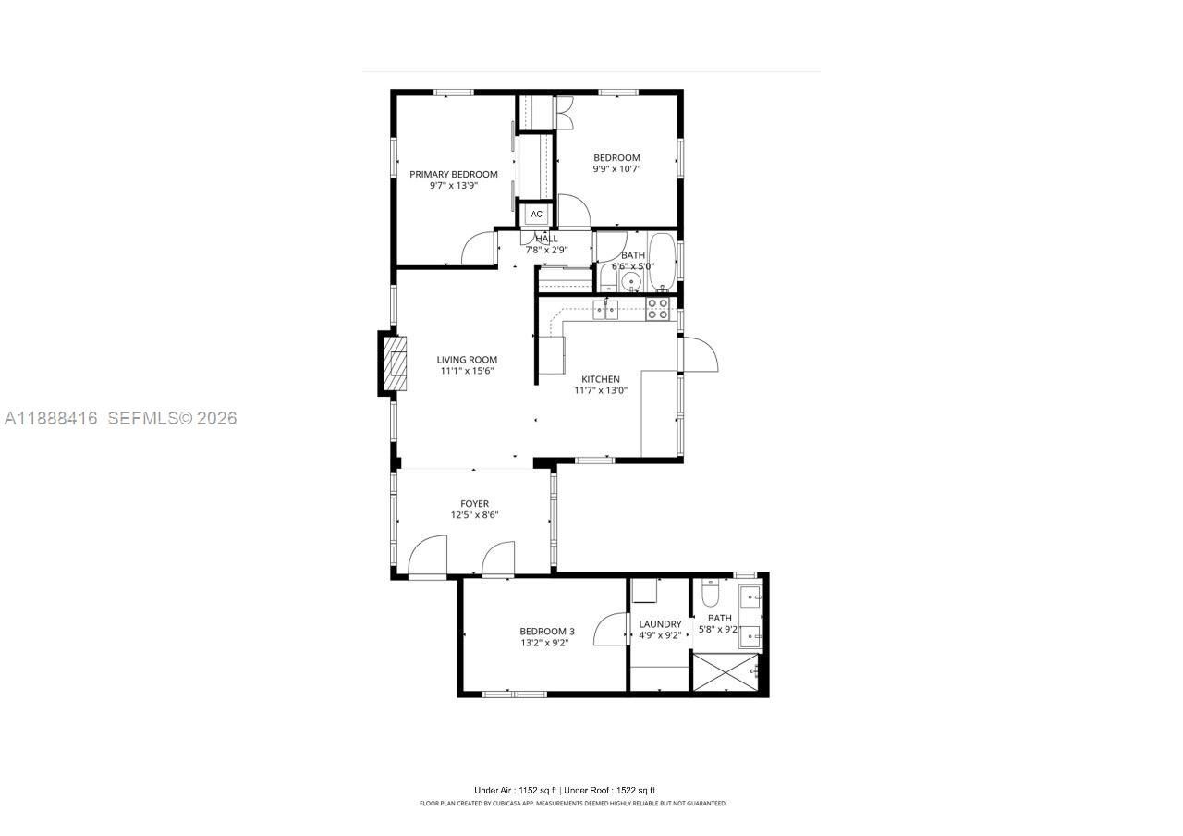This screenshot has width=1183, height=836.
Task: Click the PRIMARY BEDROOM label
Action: pyautogui.click(x=453, y=174)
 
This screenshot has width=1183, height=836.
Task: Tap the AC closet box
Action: pyautogui.click(x=537, y=215)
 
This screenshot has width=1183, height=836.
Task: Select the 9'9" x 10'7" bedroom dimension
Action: pyautogui.click(x=616, y=169)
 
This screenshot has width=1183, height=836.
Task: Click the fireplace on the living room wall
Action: pyautogui.click(x=392, y=363)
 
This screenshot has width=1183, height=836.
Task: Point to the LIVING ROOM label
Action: pyautogui.click(x=467, y=360)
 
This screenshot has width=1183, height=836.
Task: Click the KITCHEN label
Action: pyautogui.click(x=600, y=379)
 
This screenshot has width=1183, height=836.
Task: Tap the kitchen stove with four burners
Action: pyautogui.click(x=657, y=309)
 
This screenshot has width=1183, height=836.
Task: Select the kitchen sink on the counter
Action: pyautogui.click(x=605, y=309)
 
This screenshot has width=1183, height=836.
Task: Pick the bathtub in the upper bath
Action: pyautogui.click(x=662, y=262)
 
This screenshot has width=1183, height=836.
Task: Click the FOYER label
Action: pyautogui.click(x=474, y=504)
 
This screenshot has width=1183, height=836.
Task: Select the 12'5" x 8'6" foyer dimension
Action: pyautogui.click(x=474, y=515)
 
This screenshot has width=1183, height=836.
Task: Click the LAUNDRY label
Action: pyautogui.click(x=660, y=624)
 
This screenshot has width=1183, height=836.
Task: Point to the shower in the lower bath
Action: pyautogui.click(x=726, y=671)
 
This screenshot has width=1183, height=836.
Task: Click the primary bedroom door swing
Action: pyautogui.click(x=479, y=249)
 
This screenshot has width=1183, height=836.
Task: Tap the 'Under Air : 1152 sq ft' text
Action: pyautogui.click(x=515, y=791)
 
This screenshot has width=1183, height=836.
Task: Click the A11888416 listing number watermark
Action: pyautogui.click(x=51, y=418)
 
